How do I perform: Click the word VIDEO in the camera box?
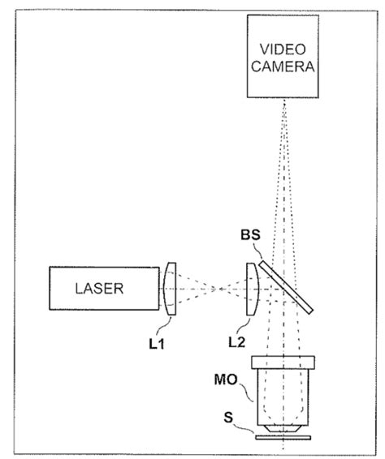click(x=283, y=49)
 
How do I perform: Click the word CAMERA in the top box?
click(x=283, y=66)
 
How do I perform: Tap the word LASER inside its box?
click(x=99, y=289)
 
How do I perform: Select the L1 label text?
click(x=157, y=344)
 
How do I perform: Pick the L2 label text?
click(x=236, y=341)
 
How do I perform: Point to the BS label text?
click(x=250, y=234)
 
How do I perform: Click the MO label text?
click(x=226, y=380)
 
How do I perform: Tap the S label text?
click(x=228, y=418)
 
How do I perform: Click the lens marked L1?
click(x=170, y=289)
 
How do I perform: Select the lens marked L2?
click(x=252, y=289)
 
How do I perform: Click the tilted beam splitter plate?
click(x=286, y=287)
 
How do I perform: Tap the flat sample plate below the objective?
click(x=283, y=437)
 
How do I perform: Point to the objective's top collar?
click(x=283, y=362)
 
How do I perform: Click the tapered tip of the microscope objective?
click(x=283, y=428)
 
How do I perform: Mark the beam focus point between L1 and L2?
click(x=219, y=289)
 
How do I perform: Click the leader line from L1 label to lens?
click(x=164, y=325)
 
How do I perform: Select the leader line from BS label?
click(x=257, y=251)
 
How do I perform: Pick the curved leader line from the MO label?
click(x=246, y=392)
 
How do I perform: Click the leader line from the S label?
click(x=244, y=427)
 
